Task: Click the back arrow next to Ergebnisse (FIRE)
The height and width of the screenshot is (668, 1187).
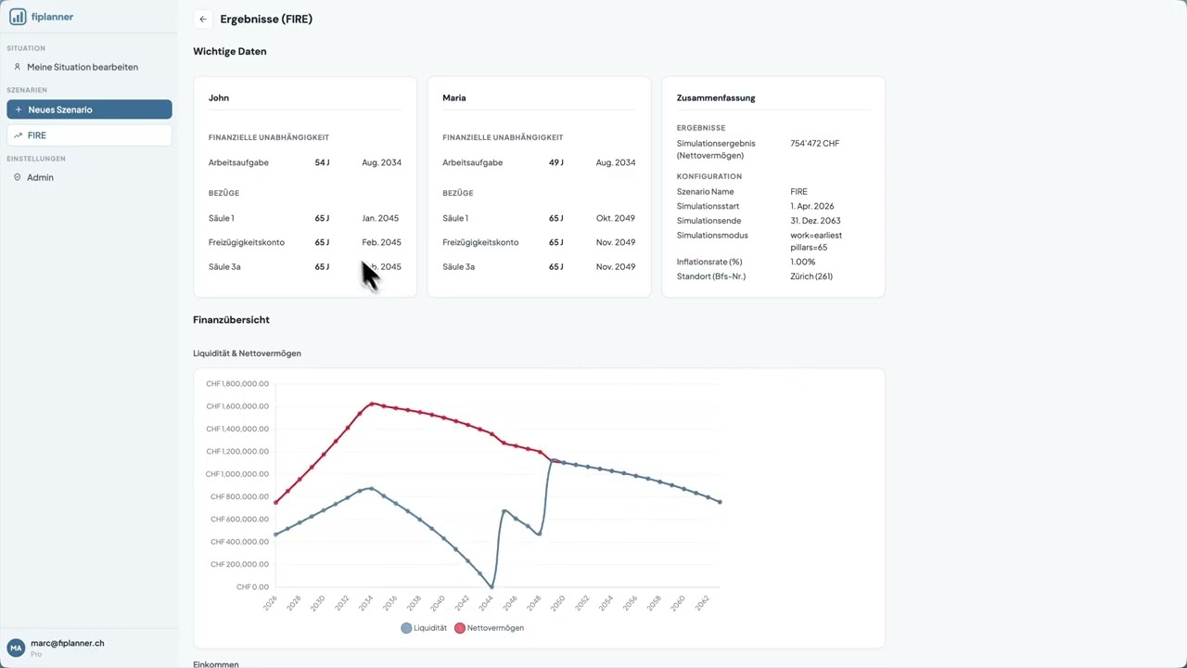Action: point(203,19)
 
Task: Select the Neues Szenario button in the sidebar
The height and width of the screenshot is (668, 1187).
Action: point(89,109)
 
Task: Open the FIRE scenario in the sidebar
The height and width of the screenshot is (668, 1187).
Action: point(89,135)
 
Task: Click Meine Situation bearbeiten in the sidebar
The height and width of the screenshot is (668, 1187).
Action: point(82,67)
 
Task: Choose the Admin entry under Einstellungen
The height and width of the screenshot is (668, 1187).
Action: point(40,177)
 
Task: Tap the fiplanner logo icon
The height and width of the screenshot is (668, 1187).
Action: point(18,17)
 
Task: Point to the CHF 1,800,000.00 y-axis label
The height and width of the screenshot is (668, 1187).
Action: point(237,384)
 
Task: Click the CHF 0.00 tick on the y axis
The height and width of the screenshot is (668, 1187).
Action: point(252,587)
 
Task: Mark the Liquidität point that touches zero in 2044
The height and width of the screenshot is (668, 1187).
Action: point(491,586)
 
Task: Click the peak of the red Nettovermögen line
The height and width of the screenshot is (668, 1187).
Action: point(372,404)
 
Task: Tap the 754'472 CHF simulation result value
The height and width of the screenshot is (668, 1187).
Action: point(814,144)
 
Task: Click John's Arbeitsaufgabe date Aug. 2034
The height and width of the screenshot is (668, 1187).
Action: point(381,162)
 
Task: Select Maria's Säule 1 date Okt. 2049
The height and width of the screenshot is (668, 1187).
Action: point(615,218)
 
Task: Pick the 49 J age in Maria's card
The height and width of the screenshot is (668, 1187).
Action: point(555,162)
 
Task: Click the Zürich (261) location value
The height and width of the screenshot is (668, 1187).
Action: point(810,276)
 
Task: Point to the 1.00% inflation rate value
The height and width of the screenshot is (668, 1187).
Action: point(802,262)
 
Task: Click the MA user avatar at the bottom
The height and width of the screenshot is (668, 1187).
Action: point(16,648)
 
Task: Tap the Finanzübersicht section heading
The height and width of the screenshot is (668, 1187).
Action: point(231,320)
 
